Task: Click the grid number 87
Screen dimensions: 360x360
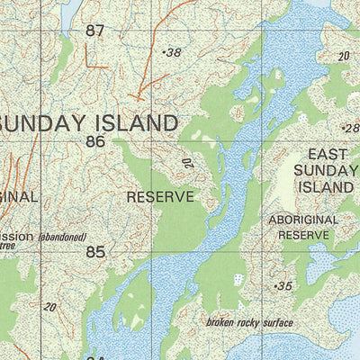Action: (x=95, y=31)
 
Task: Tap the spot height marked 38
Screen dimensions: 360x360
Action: (x=172, y=53)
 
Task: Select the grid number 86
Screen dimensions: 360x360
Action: (x=95, y=141)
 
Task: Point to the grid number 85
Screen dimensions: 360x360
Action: (x=95, y=252)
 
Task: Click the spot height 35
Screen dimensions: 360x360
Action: (x=283, y=285)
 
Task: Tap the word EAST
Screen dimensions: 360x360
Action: (x=327, y=155)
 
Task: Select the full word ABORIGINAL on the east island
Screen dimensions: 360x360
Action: (x=303, y=220)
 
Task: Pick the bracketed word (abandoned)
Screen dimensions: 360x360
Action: (x=62, y=238)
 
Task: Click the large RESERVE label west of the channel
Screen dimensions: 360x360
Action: (x=160, y=196)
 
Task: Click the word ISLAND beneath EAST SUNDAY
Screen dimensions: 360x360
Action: (x=327, y=187)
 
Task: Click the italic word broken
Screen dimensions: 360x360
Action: (x=221, y=323)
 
